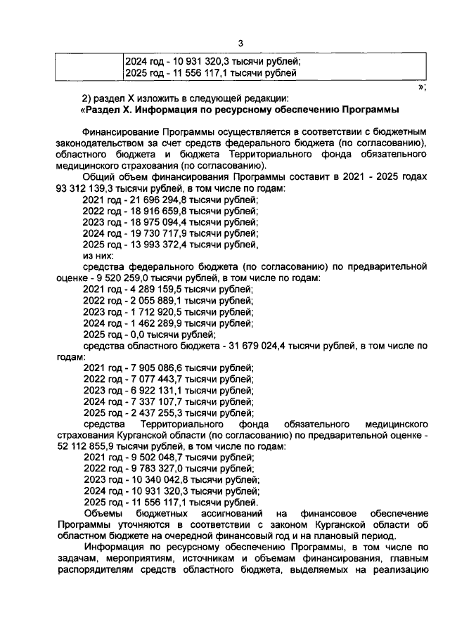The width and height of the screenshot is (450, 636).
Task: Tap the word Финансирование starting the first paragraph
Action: click(x=120, y=132)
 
